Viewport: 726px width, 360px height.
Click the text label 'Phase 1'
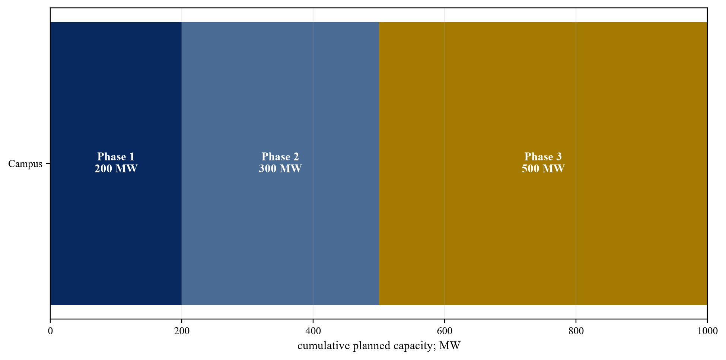[116, 157]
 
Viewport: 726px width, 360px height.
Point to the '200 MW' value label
[116, 169]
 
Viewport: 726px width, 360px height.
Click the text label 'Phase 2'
[280, 157]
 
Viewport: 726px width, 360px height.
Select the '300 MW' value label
[280, 169]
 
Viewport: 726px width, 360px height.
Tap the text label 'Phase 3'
[543, 157]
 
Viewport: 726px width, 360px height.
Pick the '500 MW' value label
[543, 169]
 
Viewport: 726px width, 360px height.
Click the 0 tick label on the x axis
[50, 331]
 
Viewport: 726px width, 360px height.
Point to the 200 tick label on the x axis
[182, 331]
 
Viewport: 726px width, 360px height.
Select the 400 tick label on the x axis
[313, 331]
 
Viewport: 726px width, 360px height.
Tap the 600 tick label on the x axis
[445, 331]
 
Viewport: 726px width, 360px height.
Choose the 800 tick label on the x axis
[576, 331]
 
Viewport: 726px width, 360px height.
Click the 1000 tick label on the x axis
[707, 331]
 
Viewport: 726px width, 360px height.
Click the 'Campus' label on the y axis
[25, 164]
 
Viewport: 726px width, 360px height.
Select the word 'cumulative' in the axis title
[319, 346]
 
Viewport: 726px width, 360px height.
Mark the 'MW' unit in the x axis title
[450, 346]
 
